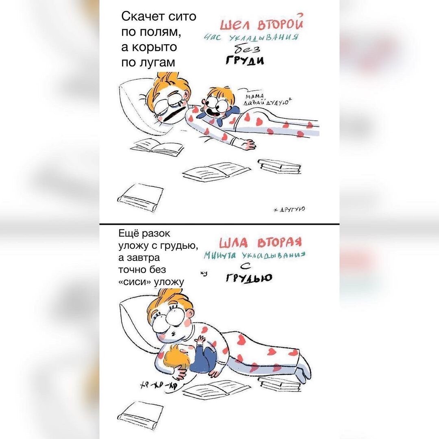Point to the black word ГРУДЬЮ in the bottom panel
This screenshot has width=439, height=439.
[249, 278]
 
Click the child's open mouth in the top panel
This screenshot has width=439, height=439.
[212, 110]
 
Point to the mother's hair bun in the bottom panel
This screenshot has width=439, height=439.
[170, 293]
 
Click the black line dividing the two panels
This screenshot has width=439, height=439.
[219, 224]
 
